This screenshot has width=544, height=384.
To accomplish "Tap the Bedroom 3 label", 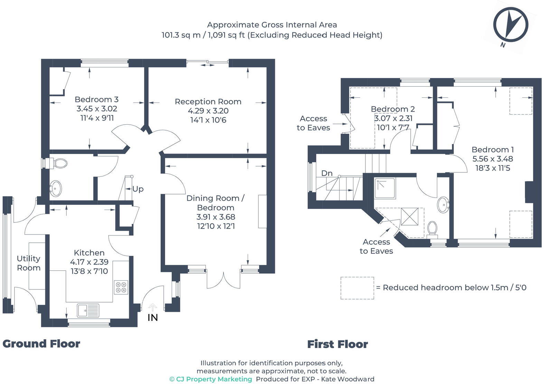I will (96, 99).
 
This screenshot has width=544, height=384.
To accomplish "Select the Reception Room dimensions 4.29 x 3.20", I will (208, 111).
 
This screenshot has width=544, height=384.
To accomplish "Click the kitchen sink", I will (88, 310).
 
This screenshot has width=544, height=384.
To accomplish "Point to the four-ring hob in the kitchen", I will (121, 287).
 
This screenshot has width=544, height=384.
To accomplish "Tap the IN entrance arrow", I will (153, 307).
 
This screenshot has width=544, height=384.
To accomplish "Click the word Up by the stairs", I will (138, 189).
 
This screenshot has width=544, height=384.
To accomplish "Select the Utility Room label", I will (29, 263).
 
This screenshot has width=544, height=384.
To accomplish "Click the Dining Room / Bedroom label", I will (216, 203).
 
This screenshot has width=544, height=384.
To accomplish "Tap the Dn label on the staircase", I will (327, 173).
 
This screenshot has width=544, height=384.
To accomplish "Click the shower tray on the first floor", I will (385, 189).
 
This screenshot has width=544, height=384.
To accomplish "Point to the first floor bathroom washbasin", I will (443, 205).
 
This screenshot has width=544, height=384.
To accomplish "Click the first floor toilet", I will (432, 229).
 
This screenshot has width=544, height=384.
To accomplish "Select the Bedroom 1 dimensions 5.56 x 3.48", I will (493, 159).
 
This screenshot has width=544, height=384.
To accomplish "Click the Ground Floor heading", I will (41, 344).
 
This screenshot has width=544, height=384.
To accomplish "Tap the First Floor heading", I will (337, 344).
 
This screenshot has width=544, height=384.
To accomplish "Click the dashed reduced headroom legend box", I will (357, 288).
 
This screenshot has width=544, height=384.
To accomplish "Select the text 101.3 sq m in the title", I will (181, 35).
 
